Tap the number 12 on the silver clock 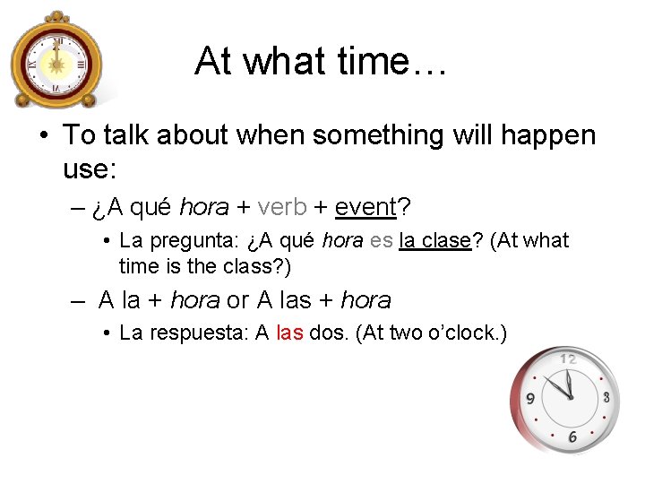point(568,359)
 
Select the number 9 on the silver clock point(530,399)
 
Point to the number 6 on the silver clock point(572,436)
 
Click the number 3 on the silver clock point(606,397)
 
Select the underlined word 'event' point(365,207)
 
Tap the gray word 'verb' point(281,207)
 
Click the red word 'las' point(289,333)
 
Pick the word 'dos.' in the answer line point(330,333)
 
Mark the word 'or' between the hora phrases point(238,299)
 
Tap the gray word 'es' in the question point(381,241)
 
